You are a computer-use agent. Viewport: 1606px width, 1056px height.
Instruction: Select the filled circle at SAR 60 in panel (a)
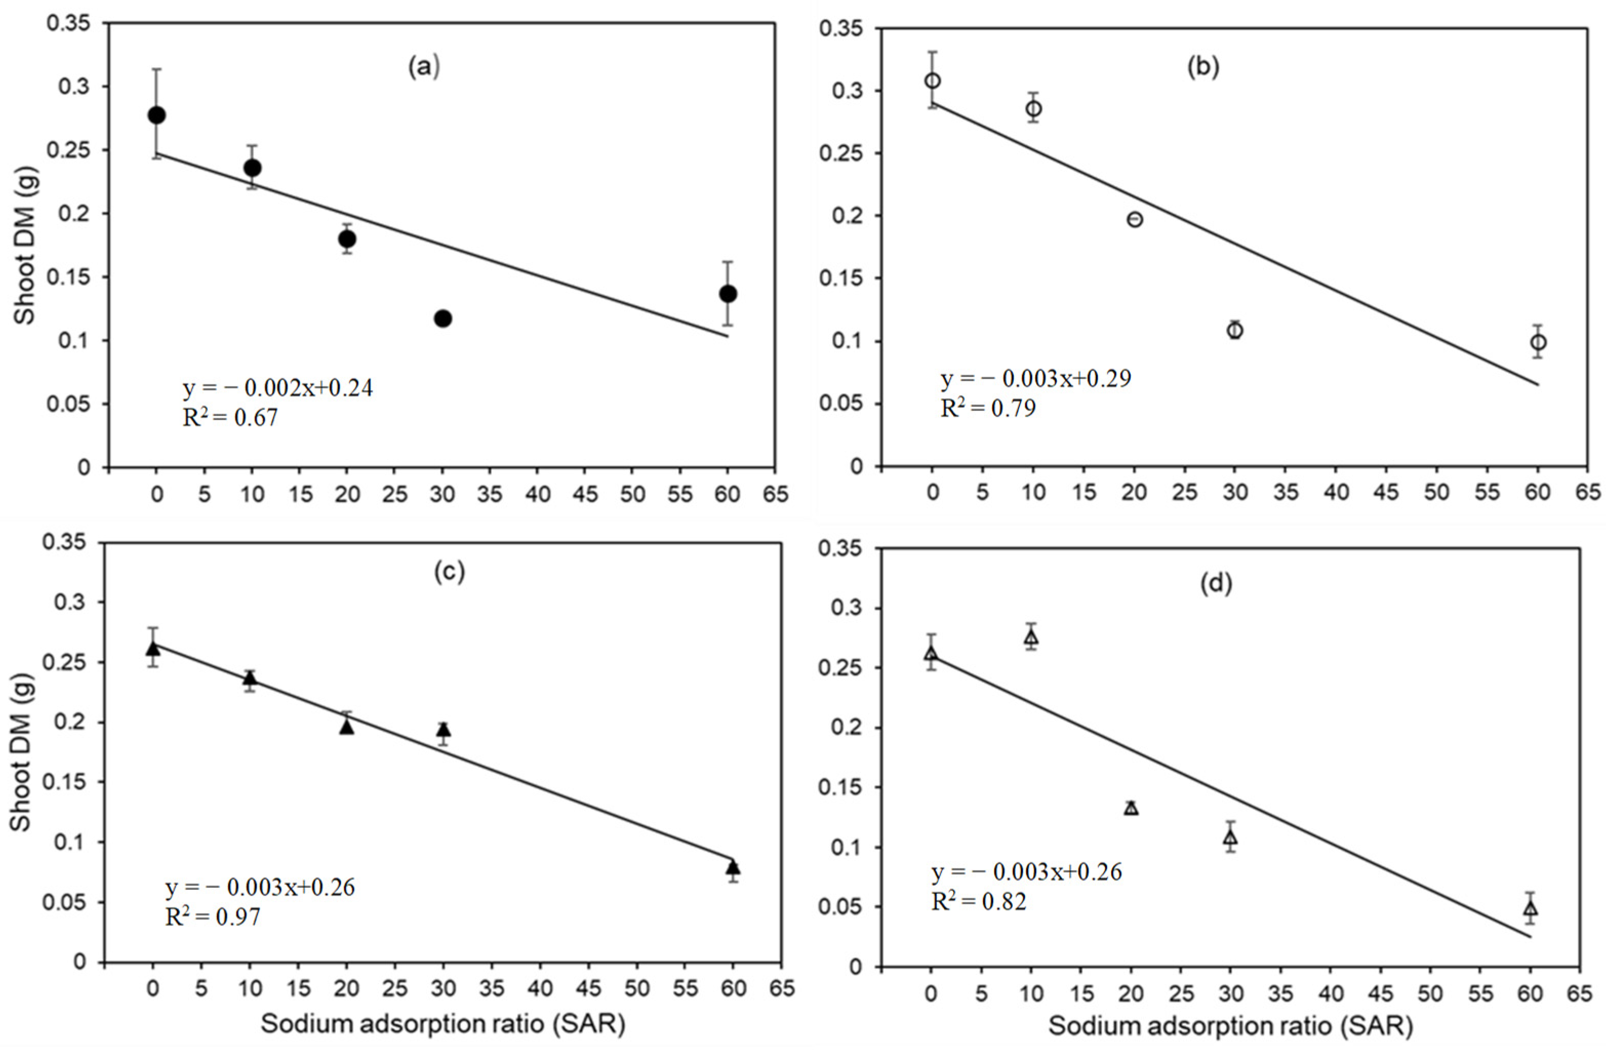click(728, 294)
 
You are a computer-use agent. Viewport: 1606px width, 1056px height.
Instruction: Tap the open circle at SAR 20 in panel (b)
click(1135, 219)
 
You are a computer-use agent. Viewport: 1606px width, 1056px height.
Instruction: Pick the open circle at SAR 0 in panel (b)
click(933, 81)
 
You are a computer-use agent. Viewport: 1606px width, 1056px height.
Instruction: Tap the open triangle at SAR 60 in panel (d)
click(1531, 908)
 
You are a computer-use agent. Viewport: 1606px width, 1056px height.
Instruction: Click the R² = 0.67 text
click(230, 418)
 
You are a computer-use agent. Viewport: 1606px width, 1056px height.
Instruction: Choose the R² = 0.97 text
click(213, 917)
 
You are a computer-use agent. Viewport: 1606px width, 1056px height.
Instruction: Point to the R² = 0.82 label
click(978, 902)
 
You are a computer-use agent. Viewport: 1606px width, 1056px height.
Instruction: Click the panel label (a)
click(424, 68)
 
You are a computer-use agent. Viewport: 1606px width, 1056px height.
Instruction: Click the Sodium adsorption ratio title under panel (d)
click(1231, 1026)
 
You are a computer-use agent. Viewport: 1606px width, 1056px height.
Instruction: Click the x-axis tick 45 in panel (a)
click(585, 495)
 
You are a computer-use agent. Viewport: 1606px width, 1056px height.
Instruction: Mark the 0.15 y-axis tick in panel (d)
click(840, 787)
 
